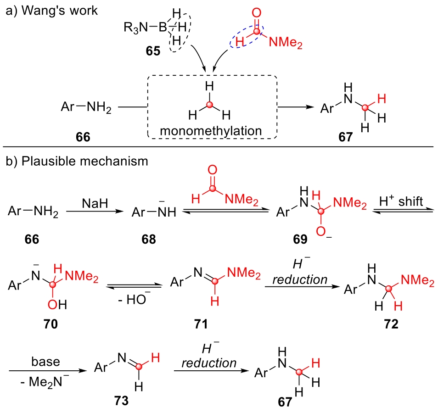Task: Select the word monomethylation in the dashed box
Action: (211, 131)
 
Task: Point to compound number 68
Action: (148, 239)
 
